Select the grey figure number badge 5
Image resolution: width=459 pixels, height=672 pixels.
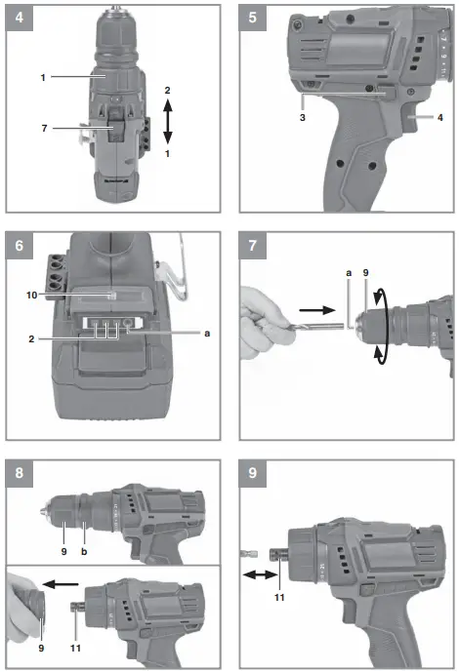click(254, 18)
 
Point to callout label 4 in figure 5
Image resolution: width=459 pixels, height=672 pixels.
click(440, 118)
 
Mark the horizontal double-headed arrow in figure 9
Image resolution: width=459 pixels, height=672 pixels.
click(259, 576)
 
